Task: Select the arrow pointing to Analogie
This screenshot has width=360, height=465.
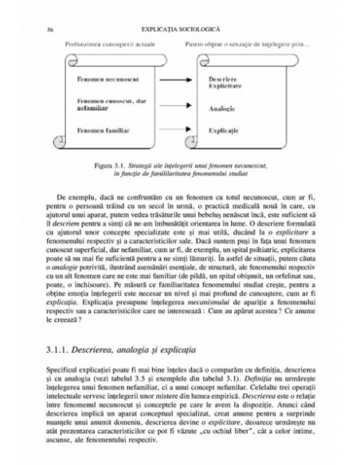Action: [171, 104]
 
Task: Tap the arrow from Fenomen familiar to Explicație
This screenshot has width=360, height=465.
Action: [171, 129]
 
